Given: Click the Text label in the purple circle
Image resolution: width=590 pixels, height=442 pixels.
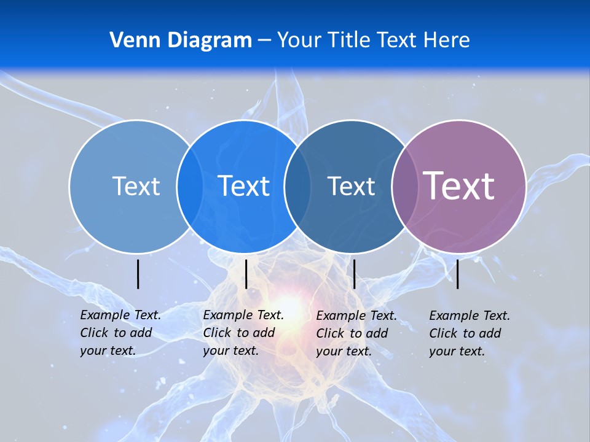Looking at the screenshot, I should coord(458,185).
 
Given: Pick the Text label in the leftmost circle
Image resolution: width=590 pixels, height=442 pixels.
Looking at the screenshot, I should coord(136,186).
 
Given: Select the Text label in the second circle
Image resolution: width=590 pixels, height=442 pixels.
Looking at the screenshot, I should coord(244,186).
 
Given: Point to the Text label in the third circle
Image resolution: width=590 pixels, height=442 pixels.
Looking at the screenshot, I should coord(351,186).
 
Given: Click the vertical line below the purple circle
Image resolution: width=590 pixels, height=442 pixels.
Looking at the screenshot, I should coord(458,274).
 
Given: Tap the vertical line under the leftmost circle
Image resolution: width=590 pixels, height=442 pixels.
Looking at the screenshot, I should coord(138,274).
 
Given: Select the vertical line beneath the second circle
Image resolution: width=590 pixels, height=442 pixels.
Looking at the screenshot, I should coord(246,274).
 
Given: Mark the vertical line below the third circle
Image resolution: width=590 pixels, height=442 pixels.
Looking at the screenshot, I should coord(354,274).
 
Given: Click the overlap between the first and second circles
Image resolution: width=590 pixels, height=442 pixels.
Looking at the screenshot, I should coord(189,186).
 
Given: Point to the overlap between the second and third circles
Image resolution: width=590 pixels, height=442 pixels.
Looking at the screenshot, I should coord(297,186).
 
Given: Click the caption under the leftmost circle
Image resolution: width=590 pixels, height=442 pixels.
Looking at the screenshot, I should coord(120,333).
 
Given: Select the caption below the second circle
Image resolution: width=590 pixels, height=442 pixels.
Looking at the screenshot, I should coord(243,333).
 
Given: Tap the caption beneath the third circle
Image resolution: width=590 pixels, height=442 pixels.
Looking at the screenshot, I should coord(356,333).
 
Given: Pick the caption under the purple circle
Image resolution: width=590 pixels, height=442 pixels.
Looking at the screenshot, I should coord(469,333).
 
